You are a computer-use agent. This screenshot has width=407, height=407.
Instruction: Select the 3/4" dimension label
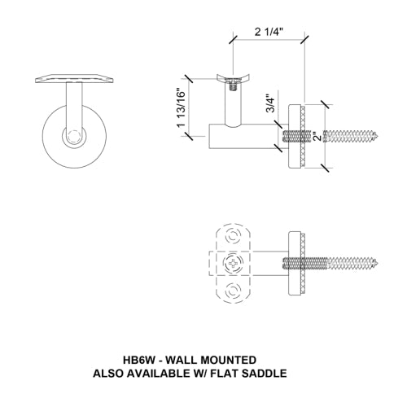[269, 105]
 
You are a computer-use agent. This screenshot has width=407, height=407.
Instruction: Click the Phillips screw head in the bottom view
[235, 265]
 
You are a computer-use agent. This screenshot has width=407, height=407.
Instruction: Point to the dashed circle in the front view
[75, 137]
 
